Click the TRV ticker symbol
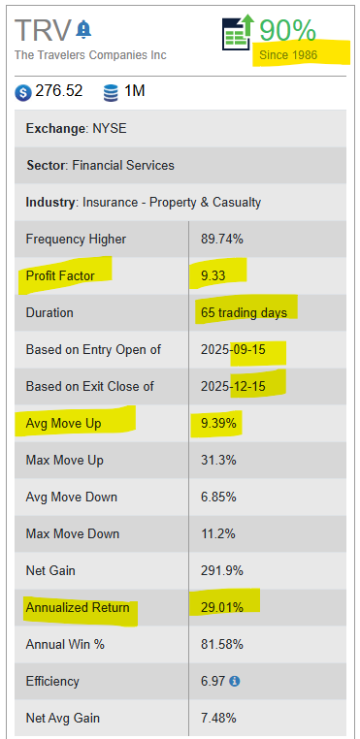(43, 31)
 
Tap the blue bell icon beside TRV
(84, 29)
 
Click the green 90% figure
(287, 31)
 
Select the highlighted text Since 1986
(288, 55)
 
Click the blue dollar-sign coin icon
(22, 92)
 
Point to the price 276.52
(59, 91)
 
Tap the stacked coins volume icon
(111, 92)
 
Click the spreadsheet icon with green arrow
(238, 32)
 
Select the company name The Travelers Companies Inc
(90, 55)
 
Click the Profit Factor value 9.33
(213, 275)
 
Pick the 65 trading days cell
(244, 313)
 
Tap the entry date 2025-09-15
(233, 350)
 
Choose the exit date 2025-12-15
(233, 386)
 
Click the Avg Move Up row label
(63, 424)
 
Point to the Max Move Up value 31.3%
(218, 460)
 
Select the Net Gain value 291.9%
(222, 571)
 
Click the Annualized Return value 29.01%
(222, 607)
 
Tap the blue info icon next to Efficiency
(235, 681)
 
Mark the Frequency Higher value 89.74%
(222, 240)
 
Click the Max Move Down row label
(73, 534)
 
